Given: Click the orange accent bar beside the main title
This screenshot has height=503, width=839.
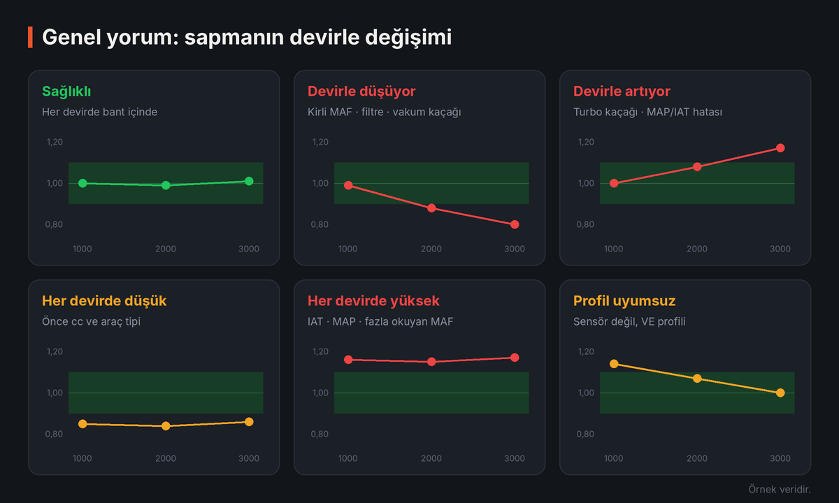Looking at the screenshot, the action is click(x=30, y=38).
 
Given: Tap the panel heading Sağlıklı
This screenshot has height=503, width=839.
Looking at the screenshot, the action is click(x=66, y=92).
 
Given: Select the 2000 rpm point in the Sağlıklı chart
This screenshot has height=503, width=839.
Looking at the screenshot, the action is click(x=166, y=185).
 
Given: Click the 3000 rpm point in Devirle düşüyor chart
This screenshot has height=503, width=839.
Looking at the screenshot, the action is click(x=515, y=224).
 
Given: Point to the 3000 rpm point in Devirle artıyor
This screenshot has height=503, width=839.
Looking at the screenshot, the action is click(x=780, y=148).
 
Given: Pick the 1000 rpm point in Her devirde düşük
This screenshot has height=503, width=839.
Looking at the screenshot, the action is click(x=83, y=424).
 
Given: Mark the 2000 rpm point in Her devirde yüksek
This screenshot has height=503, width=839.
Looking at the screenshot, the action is click(x=431, y=362).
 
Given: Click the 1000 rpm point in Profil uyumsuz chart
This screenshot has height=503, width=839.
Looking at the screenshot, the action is click(x=614, y=364).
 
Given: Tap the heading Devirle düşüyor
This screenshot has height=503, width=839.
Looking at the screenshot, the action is click(x=361, y=92).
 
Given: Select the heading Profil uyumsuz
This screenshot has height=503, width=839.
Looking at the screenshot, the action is click(x=624, y=301).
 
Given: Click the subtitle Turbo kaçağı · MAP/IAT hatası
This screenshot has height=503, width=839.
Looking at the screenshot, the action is click(x=647, y=112).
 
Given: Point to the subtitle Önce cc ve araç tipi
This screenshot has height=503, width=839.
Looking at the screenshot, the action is click(x=91, y=321).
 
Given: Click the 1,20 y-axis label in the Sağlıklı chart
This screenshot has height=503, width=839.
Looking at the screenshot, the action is click(x=55, y=143).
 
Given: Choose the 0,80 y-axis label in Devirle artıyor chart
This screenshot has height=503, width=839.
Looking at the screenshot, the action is click(x=585, y=224).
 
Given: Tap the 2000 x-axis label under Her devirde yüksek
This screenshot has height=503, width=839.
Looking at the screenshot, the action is click(x=431, y=458).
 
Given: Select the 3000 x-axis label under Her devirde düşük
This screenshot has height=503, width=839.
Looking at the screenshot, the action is click(x=249, y=458).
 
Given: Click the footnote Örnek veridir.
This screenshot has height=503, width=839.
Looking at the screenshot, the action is click(x=780, y=489).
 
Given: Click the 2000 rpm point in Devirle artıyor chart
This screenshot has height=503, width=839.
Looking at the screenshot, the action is click(x=697, y=167).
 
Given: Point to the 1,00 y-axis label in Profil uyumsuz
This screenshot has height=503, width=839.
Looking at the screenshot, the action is click(x=586, y=393).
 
